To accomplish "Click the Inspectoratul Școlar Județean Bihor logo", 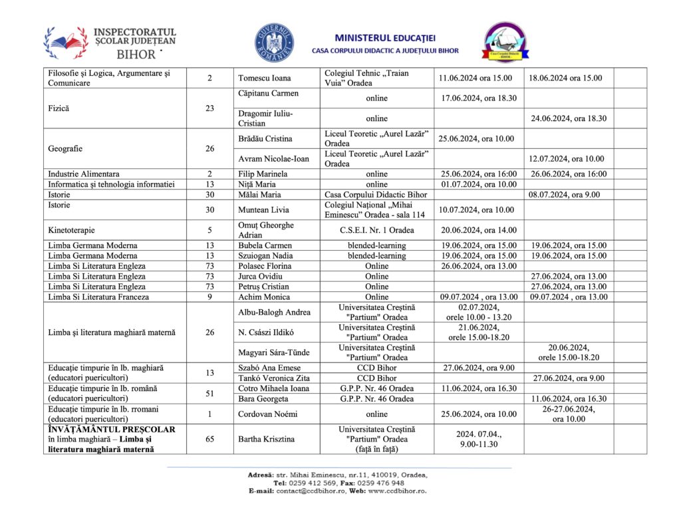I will point(110,43).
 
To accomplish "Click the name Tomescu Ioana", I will point(265,78).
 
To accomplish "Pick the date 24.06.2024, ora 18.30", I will point(568,118).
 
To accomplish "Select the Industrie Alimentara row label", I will point(84,174).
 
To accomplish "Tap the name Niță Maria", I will point(257,184).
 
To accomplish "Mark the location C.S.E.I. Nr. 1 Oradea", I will point(376,230).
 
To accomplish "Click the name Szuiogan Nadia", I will point(265,255).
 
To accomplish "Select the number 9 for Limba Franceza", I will point(209,297).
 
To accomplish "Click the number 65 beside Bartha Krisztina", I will point(209,439).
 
